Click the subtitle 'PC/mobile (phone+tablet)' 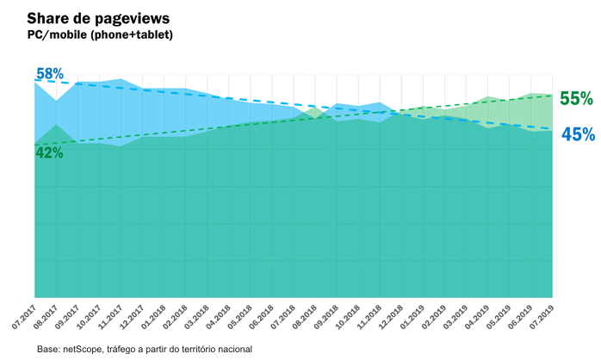[x=100, y=35]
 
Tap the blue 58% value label [x=50, y=74]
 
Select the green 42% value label [x=49, y=153]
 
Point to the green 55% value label [x=576, y=98]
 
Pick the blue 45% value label [x=578, y=134]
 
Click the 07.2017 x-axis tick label [x=25, y=315]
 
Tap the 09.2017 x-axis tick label [x=68, y=315]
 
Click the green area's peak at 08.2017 [x=56, y=125]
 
